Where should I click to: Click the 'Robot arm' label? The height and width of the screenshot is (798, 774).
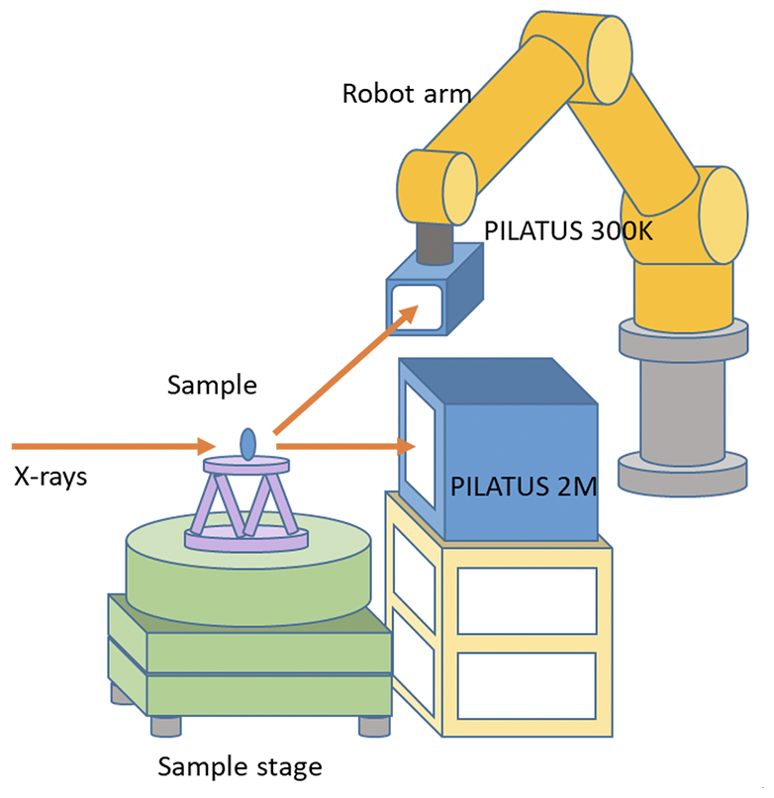[406, 94]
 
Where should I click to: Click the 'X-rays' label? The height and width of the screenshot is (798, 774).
[50, 476]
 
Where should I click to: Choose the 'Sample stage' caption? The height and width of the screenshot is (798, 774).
[241, 765]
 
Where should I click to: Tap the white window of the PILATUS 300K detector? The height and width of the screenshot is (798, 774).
[417, 305]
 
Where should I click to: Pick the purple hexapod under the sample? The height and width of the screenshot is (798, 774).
[244, 503]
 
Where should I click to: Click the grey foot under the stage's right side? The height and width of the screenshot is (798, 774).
[372, 725]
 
